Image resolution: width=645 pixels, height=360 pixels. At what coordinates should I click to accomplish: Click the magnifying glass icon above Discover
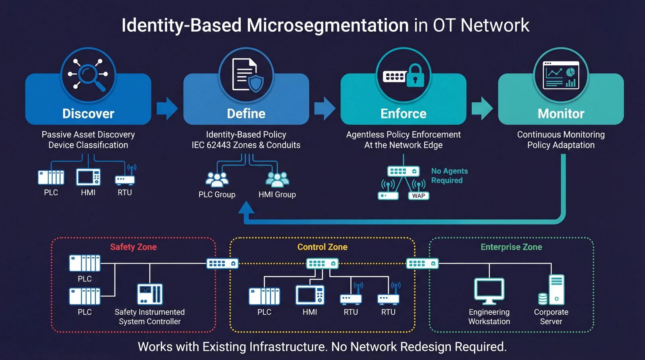tap(88, 75)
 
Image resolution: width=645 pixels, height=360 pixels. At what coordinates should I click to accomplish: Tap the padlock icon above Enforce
tap(415, 75)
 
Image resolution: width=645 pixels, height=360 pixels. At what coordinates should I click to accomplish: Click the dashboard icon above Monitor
tap(561, 75)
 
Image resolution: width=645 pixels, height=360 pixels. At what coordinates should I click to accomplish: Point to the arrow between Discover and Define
tap(167, 108)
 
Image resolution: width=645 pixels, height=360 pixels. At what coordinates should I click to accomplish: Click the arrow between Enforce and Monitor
tap(482, 108)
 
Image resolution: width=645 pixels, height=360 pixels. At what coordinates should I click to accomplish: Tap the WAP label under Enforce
tap(418, 196)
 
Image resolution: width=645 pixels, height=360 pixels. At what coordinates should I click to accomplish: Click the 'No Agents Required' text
tap(449, 176)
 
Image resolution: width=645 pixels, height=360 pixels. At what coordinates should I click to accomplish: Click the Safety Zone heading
tap(133, 247)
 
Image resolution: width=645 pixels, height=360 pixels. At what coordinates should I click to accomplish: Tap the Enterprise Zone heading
tap(511, 247)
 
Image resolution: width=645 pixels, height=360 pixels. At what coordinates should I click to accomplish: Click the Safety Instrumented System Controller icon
tap(150, 294)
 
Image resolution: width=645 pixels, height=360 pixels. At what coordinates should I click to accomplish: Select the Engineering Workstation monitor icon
tap(489, 291)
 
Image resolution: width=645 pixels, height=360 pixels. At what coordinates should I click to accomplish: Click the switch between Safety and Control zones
tap(223, 264)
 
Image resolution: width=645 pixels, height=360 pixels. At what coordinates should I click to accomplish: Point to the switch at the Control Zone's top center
tap(322, 264)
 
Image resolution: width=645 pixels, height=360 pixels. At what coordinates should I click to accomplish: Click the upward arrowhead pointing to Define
tap(246, 208)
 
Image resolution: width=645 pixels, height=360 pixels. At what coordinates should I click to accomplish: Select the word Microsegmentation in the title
tap(327, 25)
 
